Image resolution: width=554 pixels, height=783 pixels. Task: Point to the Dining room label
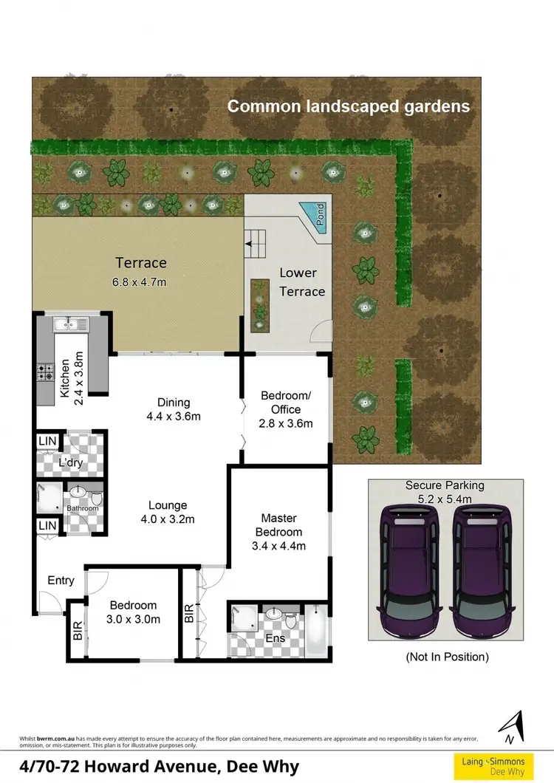174,403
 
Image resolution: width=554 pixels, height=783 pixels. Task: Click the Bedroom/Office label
286,403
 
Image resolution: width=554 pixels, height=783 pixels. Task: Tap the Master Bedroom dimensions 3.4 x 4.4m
278,546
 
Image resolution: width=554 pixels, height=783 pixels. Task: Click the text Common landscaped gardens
349,106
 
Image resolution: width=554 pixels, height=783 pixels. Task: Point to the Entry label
61,581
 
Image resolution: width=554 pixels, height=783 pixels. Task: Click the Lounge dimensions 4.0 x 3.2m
167,519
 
